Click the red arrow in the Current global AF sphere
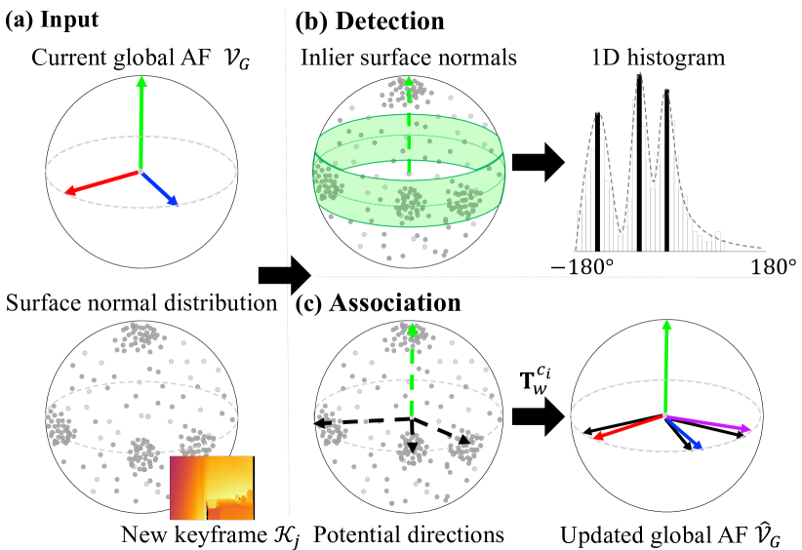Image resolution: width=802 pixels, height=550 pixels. pyautogui.click(x=101, y=181)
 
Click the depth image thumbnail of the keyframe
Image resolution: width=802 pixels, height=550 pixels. pyautogui.click(x=212, y=487)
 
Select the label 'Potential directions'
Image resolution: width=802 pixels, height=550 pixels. pyautogui.click(x=410, y=533)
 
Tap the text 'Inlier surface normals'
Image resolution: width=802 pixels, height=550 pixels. pyautogui.click(x=407, y=58)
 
